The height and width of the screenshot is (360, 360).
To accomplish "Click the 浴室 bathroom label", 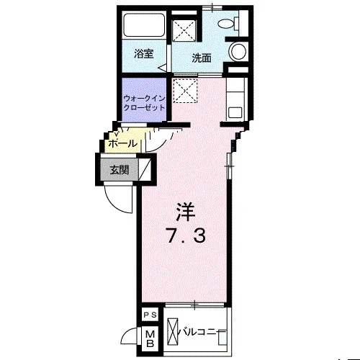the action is (144, 54).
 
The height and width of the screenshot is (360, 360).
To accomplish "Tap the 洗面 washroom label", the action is (202, 58).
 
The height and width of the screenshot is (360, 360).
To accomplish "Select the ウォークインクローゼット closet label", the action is (144, 103).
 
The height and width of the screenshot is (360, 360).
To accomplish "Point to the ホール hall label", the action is (123, 144).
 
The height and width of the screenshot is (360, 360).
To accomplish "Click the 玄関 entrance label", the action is (120, 170).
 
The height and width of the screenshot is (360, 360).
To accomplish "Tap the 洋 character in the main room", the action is (186, 212).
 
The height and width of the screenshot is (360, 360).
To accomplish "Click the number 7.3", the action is (186, 236).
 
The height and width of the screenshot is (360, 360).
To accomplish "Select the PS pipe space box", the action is (150, 315).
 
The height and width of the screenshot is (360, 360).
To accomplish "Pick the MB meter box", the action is (150, 338).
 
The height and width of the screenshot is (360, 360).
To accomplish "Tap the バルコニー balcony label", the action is (199, 333).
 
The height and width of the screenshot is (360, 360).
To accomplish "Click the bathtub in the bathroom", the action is (143, 25).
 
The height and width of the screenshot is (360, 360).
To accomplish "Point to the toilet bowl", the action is (226, 23).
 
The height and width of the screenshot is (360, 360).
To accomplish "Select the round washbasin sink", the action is (238, 51).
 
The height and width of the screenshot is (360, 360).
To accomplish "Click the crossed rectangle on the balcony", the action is (173, 332).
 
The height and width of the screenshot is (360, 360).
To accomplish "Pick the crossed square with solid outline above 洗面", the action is (184, 30).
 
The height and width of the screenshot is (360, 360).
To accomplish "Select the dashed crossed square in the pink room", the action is (185, 91).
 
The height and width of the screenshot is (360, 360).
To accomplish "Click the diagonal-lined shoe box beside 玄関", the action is (145, 168).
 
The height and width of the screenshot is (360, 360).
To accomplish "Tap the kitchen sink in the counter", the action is (235, 112).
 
